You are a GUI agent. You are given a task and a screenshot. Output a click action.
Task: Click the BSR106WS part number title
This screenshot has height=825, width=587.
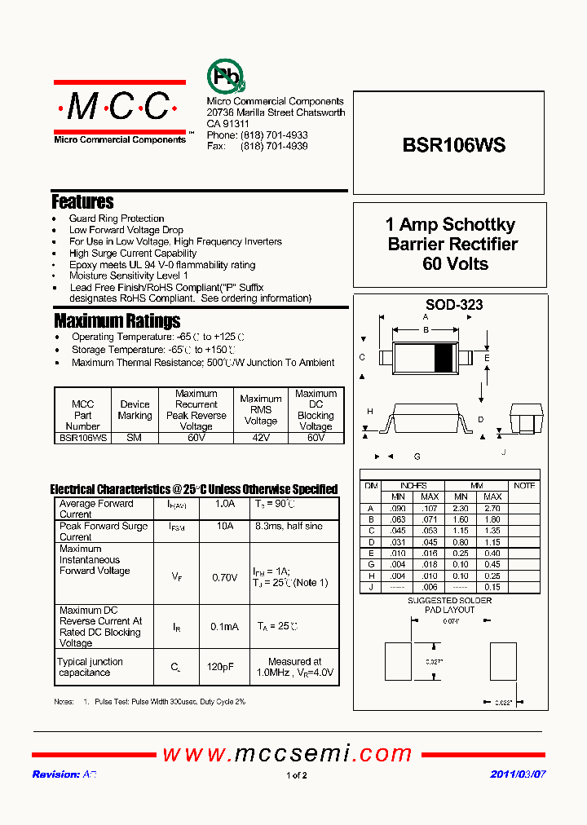454,145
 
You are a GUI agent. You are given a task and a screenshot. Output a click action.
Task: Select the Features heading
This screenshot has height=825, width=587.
82,201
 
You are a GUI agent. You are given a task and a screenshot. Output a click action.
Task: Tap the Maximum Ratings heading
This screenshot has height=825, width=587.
117,320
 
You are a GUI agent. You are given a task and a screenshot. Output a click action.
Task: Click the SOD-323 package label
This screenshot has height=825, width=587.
454,305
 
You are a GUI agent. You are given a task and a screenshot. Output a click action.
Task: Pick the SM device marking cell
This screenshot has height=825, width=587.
135,438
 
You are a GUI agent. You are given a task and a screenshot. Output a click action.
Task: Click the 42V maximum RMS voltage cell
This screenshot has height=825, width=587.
261,438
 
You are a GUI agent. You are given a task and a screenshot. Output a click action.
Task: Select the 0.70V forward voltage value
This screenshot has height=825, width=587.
225,577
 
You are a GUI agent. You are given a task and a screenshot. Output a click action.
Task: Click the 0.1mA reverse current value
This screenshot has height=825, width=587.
225,627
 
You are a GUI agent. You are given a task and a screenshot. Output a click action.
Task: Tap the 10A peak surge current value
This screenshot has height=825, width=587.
225,527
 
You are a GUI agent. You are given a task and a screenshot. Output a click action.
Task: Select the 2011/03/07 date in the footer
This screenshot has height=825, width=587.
518,774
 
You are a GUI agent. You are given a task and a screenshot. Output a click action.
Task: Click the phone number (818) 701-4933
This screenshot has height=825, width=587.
274,135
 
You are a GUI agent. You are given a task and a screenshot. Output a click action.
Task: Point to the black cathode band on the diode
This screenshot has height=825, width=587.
443,357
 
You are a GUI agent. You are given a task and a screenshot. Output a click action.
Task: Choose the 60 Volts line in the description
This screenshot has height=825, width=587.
455,264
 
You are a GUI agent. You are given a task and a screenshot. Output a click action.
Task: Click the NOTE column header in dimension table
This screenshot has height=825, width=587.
523,486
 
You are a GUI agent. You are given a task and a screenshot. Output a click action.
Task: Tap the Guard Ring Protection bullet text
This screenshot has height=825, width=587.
117,218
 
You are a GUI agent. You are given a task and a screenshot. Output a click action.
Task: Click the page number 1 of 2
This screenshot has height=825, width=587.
297,775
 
